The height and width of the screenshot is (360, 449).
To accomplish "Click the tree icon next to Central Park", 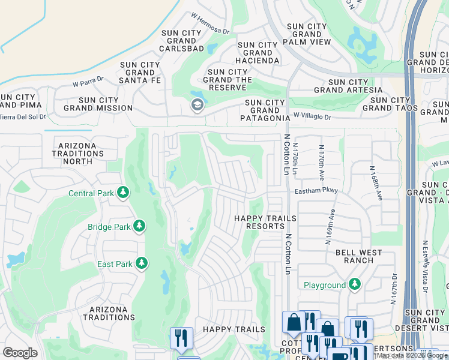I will [x=123, y=193].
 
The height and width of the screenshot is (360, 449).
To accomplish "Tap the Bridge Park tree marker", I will [x=139, y=226].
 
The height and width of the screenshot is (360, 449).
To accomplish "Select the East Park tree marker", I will [x=142, y=263].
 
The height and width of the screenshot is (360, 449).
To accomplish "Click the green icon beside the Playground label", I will [x=355, y=284].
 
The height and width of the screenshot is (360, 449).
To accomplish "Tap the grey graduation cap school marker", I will [x=196, y=106].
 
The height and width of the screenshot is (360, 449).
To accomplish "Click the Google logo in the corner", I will [x=20, y=353].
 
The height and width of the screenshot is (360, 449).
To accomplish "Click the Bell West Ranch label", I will [x=359, y=257].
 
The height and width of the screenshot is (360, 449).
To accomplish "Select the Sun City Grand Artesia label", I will [x=348, y=86].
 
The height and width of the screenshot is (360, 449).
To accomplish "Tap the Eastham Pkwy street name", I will [x=316, y=191].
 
